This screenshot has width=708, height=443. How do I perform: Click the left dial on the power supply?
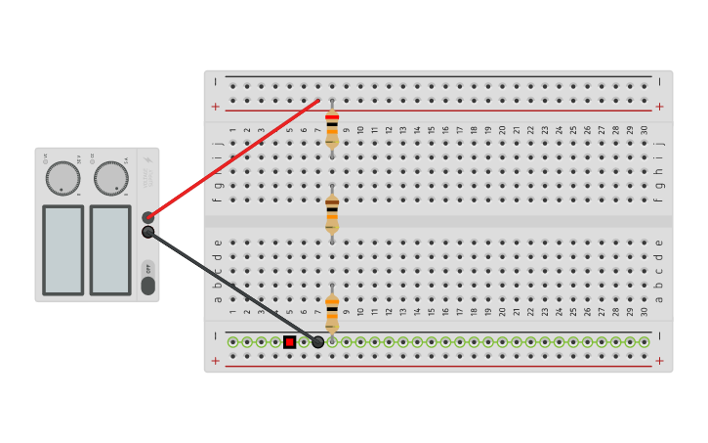click(62, 178)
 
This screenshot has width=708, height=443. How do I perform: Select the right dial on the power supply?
click(110, 178)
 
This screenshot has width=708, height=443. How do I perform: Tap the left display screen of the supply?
click(62, 249)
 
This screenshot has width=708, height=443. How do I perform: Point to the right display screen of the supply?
click(110, 249)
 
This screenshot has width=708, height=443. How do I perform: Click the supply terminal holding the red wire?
click(147, 217)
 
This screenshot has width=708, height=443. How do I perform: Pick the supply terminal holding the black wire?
click(147, 232)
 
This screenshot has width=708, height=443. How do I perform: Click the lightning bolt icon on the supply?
click(148, 161)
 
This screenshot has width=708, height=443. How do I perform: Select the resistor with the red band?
click(332, 128)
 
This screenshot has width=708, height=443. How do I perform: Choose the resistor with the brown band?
click(332, 212)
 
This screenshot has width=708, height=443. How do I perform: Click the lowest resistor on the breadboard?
click(332, 312)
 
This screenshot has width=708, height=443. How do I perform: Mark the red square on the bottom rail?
click(290, 341)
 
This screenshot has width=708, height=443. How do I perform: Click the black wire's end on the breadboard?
click(318, 341)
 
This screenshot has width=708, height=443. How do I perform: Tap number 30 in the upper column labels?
click(645, 130)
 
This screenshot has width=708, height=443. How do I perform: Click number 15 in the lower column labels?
click(432, 313)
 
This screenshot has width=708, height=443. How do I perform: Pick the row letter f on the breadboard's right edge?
click(659, 199)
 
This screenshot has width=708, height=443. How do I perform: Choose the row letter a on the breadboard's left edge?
click(218, 299)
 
